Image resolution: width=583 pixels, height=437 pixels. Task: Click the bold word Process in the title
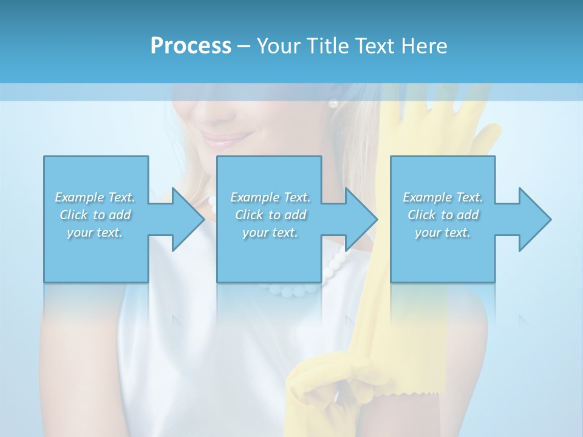[x=191, y=46]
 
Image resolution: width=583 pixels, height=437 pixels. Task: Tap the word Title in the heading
[x=328, y=46]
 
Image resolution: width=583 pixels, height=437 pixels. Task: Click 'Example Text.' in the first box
[x=95, y=197]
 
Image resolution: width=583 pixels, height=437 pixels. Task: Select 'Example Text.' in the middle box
[x=270, y=197]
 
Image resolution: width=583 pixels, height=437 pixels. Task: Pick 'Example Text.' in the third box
[x=443, y=197]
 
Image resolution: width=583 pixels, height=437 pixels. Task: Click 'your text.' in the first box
[x=95, y=232]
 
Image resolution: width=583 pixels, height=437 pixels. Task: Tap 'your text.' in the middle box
[x=270, y=232]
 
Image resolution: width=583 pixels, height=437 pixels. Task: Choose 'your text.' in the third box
[x=443, y=232]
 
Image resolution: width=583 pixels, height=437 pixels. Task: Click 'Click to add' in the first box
[x=95, y=215]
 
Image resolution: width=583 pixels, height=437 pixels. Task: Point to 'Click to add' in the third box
[x=443, y=215]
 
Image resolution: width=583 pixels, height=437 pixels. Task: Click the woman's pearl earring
[x=333, y=104]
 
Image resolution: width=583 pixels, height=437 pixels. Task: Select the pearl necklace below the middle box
[x=298, y=290]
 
